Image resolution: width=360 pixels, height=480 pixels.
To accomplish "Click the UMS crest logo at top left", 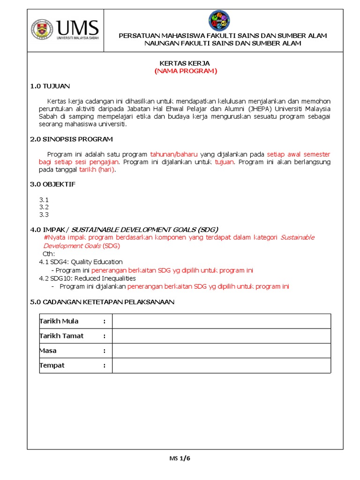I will pyautogui.click(x=42, y=30).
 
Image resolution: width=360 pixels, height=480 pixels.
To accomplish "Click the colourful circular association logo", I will pyautogui.click(x=219, y=21).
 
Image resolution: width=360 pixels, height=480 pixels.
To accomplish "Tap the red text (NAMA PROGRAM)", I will pyautogui.click(x=186, y=71).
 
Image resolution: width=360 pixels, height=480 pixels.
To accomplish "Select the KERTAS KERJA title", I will pyautogui.click(x=186, y=63).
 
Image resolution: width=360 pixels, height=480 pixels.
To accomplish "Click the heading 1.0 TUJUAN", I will pyautogui.click(x=50, y=86).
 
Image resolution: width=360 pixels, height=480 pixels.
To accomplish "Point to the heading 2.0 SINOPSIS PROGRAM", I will pyautogui.click(x=71, y=139).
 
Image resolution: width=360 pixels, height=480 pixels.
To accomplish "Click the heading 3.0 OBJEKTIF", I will pyautogui.click(x=52, y=184).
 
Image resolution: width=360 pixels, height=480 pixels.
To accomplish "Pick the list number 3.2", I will pyautogui.click(x=44, y=207).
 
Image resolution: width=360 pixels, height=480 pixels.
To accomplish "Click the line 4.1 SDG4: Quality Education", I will pyautogui.click(x=81, y=262).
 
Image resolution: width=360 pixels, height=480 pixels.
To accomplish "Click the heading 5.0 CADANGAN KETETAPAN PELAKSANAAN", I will pyautogui.click(x=102, y=302).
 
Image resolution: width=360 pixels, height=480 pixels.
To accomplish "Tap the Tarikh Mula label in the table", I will pyautogui.click(x=59, y=321).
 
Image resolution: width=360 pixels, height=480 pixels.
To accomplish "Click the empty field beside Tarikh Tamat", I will pyautogui.click(x=221, y=336).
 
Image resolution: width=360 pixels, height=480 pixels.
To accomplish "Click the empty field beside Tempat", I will pyautogui.click(x=221, y=366).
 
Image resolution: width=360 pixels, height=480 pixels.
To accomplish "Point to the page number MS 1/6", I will pyautogui.click(x=180, y=458).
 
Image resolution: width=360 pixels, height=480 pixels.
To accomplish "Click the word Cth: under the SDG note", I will pyautogui.click(x=49, y=254).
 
